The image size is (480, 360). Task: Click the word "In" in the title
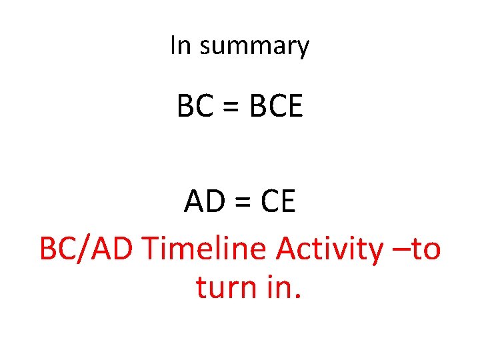coord(181,46)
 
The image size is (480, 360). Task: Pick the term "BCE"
coord(275,106)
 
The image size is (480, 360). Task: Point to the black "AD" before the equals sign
coord(203,202)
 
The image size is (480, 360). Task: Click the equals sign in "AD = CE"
coord(239,203)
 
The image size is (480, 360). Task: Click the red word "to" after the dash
coord(425,249)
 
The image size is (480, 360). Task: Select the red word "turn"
coord(227,287)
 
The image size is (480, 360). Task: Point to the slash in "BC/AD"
coord(87,249)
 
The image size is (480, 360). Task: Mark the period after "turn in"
coord(298,296)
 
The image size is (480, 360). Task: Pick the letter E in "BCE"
coord(294,106)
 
